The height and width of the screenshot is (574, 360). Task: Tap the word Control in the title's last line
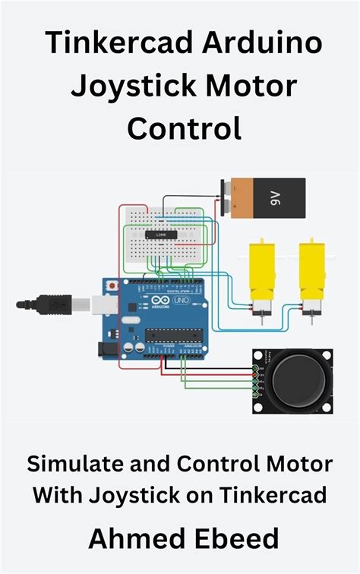tap(185, 127)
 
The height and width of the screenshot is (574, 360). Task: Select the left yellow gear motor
tap(261, 273)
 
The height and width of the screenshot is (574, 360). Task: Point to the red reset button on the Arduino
tap(113, 285)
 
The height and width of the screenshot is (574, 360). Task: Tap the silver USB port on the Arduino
tap(100, 304)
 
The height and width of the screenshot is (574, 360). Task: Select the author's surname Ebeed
tap(236, 539)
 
